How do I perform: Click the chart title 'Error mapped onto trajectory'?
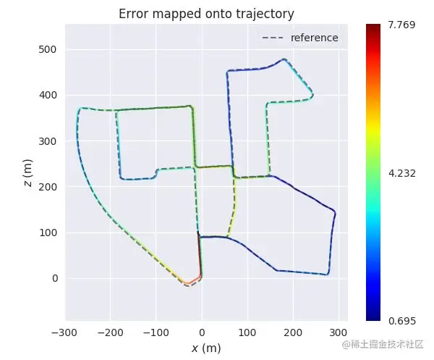coord(206,14)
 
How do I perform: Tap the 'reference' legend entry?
coord(314,38)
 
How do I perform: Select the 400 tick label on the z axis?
coord(49,95)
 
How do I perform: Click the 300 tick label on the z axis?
coord(49,141)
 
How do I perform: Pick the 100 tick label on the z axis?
coord(49,233)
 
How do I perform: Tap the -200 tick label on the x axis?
coord(111,332)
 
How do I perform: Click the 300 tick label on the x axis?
coord(339,332)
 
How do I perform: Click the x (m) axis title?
coord(206,348)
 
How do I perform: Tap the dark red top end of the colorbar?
coord(373,28)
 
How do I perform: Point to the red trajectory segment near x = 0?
coord(200,261)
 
